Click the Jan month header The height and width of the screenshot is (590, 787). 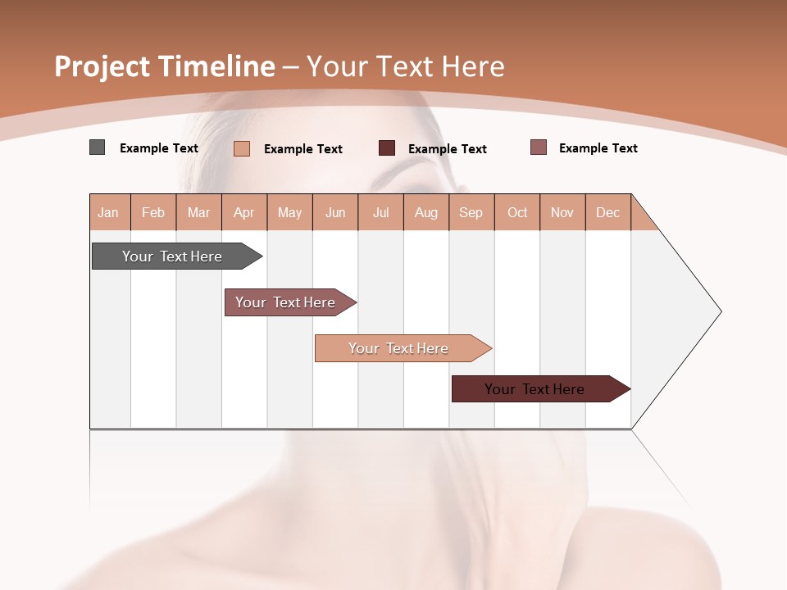pos(109,212)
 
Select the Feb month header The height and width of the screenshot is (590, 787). pos(153,212)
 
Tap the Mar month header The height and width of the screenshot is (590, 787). pos(198,212)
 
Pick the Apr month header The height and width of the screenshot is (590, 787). pos(244,212)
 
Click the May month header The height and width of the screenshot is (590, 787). pos(289,212)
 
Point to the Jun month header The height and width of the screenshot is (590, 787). pos(335,212)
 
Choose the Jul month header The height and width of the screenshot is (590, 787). pos(380,212)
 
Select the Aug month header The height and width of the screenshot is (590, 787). pos(426,212)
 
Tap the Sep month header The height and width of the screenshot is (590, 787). pos(471,212)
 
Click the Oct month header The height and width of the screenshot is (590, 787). pos(517,212)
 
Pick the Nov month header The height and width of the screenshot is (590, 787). pos(562,212)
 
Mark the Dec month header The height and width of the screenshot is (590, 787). pos(607,212)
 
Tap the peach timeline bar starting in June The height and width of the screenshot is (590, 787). pos(399,348)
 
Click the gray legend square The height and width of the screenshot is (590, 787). pos(97,147)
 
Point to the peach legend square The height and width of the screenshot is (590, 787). pos(242,148)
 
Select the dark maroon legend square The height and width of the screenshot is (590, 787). pos(387,148)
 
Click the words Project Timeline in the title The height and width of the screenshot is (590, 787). pos(164,66)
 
